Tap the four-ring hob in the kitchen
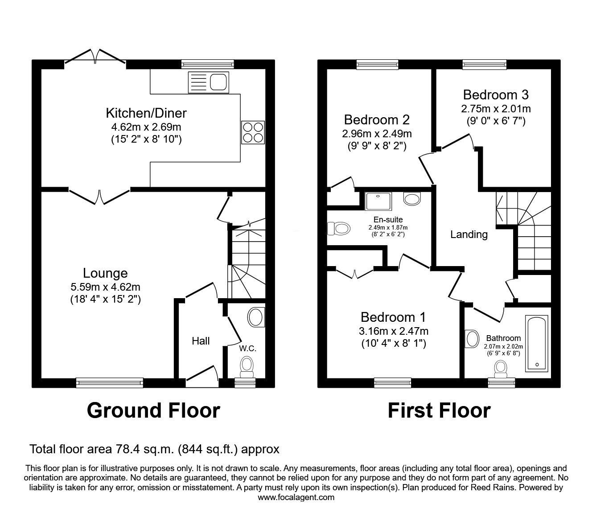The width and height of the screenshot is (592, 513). [252, 132]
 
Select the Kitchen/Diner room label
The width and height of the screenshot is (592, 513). [146, 113]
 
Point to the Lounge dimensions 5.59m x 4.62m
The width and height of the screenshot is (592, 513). [106, 287]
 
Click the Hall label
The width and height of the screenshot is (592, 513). [201, 341]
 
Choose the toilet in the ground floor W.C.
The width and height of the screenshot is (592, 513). [247, 367]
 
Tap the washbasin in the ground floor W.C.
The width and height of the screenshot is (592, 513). [255, 318]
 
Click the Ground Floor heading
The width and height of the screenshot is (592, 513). [153, 410]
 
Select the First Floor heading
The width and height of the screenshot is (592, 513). [439, 410]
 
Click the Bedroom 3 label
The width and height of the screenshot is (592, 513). [496, 94]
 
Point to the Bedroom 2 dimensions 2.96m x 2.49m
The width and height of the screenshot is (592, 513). [377, 133]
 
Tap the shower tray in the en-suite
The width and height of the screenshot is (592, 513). [378, 201]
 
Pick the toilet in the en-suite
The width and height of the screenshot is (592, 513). [337, 229]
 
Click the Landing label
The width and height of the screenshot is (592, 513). [469, 234]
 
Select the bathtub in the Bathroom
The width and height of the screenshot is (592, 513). [537, 343]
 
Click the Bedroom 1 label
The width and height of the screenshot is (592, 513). [393, 317]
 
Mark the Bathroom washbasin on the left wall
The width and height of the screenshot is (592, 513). [471, 339]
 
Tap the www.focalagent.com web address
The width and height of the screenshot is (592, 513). [296, 497]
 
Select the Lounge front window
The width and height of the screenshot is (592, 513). [110, 382]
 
